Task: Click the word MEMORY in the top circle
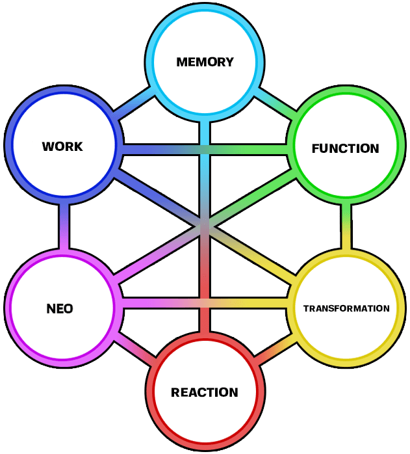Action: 205,62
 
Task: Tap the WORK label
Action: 62,146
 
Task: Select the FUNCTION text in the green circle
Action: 345,148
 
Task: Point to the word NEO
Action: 60,309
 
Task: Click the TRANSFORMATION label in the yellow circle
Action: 346,308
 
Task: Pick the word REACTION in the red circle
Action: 204,392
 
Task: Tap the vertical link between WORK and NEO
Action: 64,227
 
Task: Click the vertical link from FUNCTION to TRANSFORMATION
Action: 346,228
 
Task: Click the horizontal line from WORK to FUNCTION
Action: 162,150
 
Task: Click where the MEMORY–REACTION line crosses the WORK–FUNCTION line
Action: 205,150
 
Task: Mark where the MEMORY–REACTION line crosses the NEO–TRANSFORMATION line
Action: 205,304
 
